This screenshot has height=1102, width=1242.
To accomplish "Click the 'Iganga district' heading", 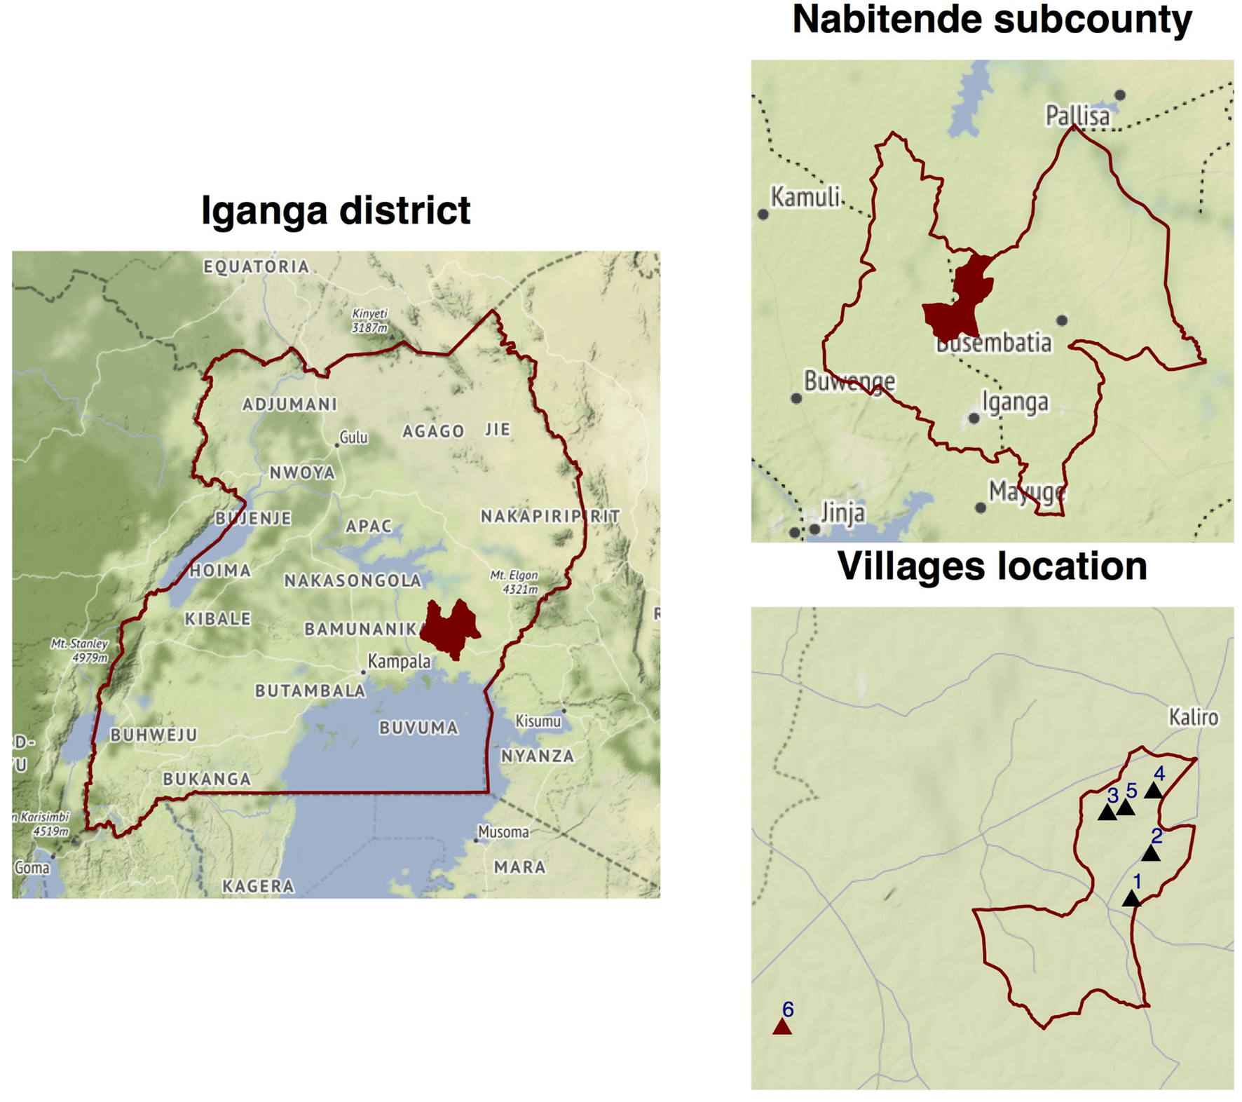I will (x=336, y=210).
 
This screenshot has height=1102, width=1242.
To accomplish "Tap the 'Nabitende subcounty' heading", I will (x=992, y=20).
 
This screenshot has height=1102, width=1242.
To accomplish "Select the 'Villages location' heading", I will (x=992, y=566).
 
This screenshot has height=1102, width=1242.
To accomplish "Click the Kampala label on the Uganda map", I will (x=399, y=662).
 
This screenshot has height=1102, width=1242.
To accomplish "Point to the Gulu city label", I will (x=353, y=438).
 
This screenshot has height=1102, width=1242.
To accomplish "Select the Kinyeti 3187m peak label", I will (x=369, y=320).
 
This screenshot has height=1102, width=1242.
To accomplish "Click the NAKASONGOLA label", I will (x=353, y=580).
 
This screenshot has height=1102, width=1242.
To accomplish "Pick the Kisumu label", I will (x=538, y=721).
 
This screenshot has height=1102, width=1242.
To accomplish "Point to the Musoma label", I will (x=503, y=832).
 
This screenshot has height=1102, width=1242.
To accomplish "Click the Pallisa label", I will (x=1077, y=116).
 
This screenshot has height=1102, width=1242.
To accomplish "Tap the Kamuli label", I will (x=805, y=197).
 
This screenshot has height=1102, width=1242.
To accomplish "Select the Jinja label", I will (x=842, y=513).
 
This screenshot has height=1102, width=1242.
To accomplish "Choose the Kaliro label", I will (x=1193, y=717).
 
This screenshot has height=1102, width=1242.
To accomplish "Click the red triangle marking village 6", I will (x=782, y=1028).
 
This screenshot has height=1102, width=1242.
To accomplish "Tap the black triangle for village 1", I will (x=1131, y=899).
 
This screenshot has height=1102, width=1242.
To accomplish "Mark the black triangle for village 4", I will (x=1154, y=791).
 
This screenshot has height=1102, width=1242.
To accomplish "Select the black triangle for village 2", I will (x=1151, y=854).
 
